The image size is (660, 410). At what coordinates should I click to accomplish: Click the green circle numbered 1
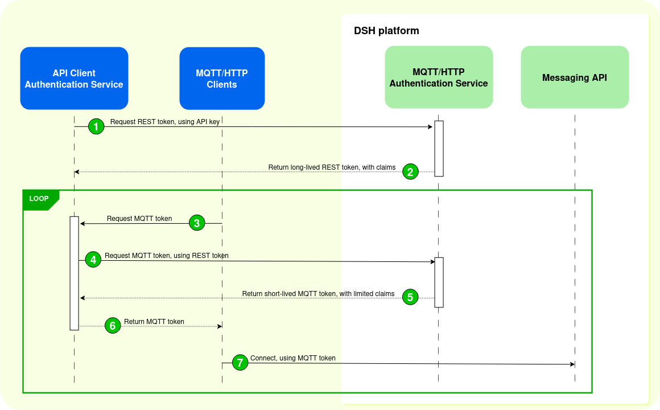[x=97, y=126]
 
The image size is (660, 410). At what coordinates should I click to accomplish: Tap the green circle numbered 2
[x=410, y=171]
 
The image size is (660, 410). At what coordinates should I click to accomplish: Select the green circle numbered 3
[x=197, y=223]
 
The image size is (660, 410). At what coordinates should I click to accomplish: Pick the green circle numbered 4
[x=93, y=260]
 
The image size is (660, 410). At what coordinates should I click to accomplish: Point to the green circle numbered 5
[x=410, y=297]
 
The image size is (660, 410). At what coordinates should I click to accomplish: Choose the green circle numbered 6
[x=113, y=326]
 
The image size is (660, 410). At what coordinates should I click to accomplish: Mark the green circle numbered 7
[x=240, y=363]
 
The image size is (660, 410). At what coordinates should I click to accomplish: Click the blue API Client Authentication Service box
[x=74, y=79]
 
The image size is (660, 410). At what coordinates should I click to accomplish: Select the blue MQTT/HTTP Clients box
[x=222, y=79]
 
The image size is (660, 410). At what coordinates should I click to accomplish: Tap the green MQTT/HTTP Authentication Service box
[x=438, y=77]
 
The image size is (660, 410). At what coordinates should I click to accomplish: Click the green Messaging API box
[x=575, y=77]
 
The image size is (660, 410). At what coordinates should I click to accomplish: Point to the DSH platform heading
[x=386, y=31]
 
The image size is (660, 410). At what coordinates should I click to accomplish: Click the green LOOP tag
[x=39, y=199]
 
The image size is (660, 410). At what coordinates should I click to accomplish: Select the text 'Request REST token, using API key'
[x=164, y=122]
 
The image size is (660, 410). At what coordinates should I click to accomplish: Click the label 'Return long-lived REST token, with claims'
[x=332, y=167]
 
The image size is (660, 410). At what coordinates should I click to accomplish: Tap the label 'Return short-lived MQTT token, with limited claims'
[x=318, y=294]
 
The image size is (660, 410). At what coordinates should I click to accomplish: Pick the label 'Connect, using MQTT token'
[x=293, y=358]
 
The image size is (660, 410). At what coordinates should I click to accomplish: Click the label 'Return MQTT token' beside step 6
[x=154, y=322]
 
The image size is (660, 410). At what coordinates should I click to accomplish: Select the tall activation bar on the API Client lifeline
[x=74, y=273]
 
